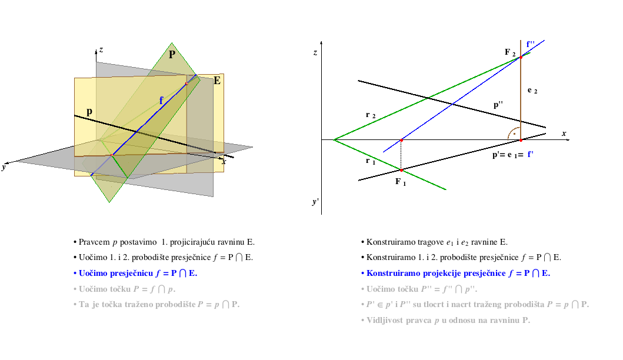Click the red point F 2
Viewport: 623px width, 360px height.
click(521, 57)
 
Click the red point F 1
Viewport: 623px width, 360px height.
click(401, 170)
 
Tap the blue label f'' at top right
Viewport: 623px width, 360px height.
click(531, 44)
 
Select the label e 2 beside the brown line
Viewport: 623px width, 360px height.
click(532, 91)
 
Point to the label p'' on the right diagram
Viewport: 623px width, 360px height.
click(498, 105)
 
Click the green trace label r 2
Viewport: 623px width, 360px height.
click(370, 115)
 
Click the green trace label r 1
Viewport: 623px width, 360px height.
click(370, 161)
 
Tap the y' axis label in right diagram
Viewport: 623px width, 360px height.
click(315, 202)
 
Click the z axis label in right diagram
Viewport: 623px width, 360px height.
click(315, 52)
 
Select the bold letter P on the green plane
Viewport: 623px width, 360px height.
click(172, 55)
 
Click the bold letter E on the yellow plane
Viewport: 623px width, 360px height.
click(217, 81)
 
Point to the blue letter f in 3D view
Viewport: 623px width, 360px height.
click(161, 101)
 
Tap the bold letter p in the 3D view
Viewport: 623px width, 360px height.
click(89, 112)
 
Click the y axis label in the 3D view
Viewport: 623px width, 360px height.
click(4, 167)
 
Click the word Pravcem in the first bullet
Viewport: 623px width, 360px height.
click(94, 242)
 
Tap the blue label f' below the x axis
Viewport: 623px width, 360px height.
click(530, 155)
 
